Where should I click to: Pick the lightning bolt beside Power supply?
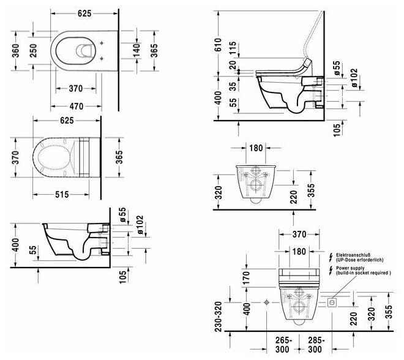pyautogui.click(x=332, y=270)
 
